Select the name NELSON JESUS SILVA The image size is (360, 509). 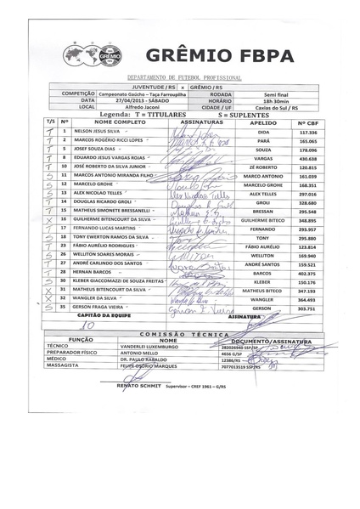tap(104, 133)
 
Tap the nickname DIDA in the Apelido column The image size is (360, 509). tap(263, 133)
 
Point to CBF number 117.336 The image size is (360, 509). tap(307, 133)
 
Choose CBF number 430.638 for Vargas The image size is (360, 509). tap(307, 157)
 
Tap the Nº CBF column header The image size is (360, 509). tap(307, 122)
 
